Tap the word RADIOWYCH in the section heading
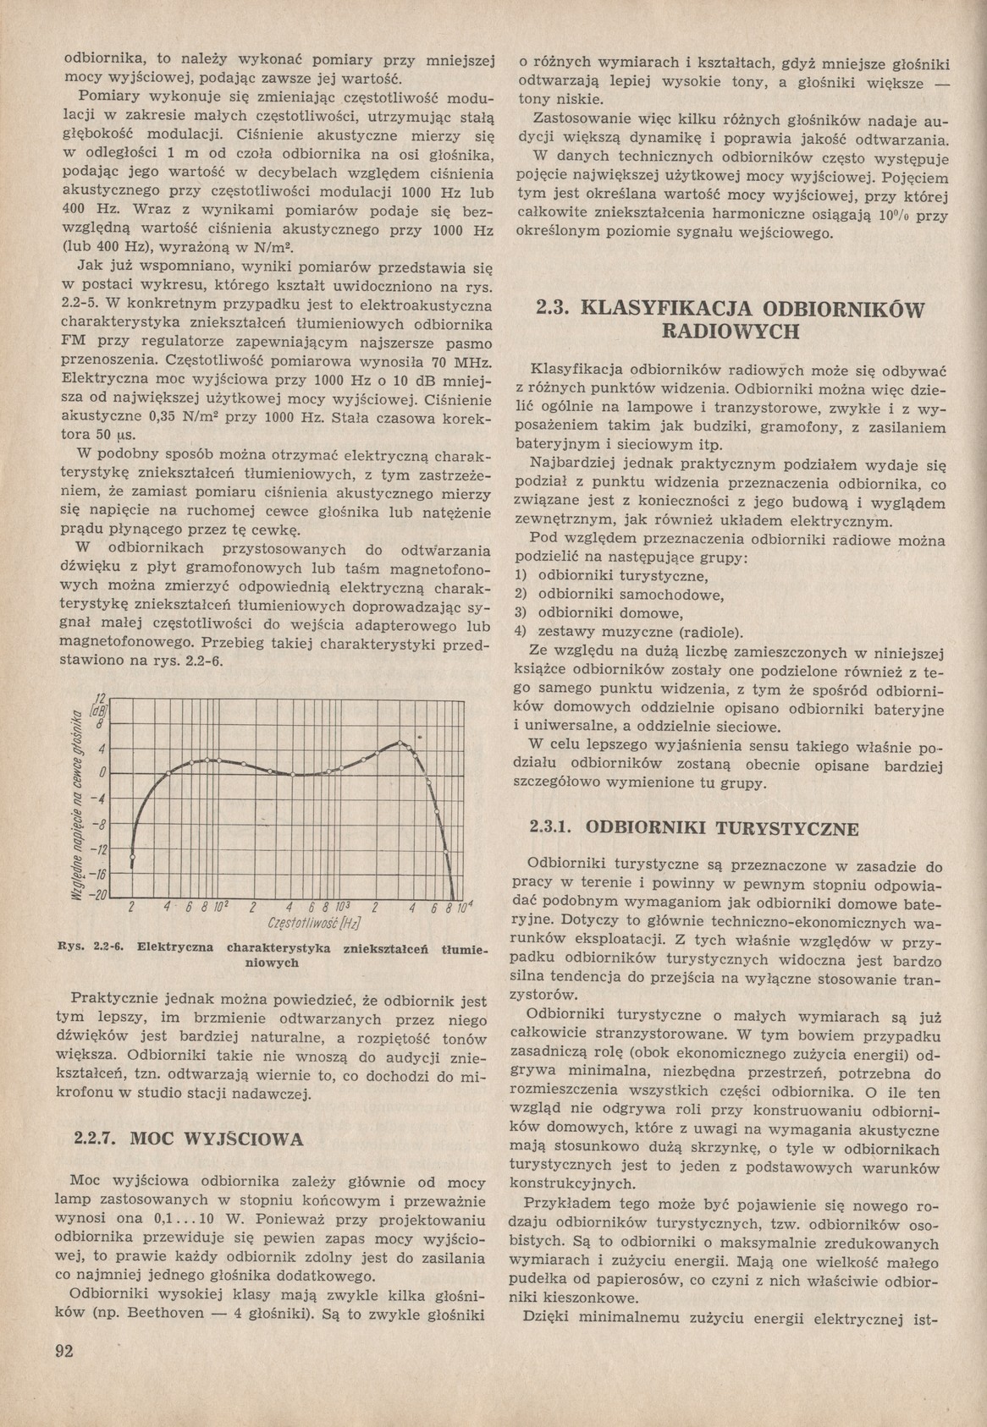(x=730, y=331)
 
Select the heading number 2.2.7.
(x=96, y=1138)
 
